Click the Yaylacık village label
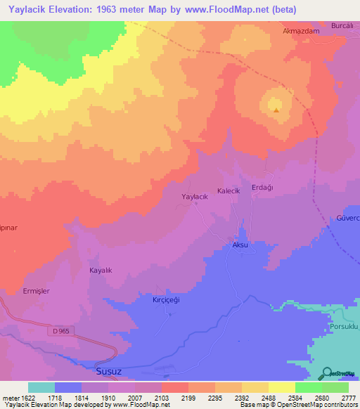[195, 197]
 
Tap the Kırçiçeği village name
[168, 299]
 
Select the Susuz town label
[108, 368]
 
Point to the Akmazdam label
[300, 32]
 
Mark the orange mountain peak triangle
[276, 109]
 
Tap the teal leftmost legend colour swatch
[41, 387]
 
